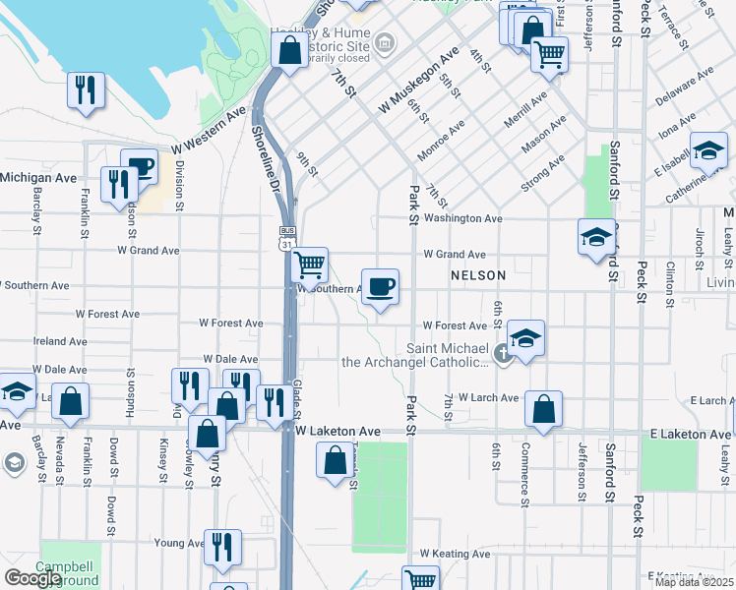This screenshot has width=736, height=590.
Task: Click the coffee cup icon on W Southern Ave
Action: (x=381, y=286)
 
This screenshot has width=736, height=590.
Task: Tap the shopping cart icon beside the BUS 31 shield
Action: (x=310, y=264)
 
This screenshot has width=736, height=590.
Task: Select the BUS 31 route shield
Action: (x=285, y=238)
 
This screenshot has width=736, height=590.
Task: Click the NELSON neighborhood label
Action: (x=478, y=275)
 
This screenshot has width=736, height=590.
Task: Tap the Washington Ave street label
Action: (x=463, y=218)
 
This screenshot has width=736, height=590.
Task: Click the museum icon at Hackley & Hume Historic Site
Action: (x=384, y=42)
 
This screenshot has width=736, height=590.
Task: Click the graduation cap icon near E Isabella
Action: (x=707, y=150)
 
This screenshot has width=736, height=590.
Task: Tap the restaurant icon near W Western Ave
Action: (x=87, y=90)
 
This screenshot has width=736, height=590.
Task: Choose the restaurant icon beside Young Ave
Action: (x=222, y=546)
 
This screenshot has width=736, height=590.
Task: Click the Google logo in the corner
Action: (x=32, y=578)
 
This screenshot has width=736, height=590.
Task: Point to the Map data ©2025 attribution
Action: (x=694, y=582)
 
